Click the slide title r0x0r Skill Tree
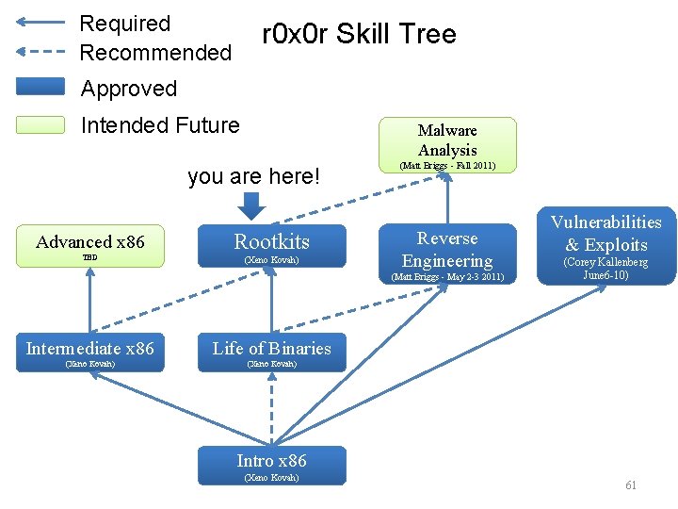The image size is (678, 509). coord(359,35)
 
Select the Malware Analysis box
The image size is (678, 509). coord(447,143)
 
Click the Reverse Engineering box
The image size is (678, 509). coord(447,254)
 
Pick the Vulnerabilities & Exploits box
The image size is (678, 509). coord(605,244)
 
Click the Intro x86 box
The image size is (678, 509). coord(271,465)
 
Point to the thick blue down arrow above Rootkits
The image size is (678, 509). coord(251,205)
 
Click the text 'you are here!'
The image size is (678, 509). coord(254,176)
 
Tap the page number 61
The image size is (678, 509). coord(631,485)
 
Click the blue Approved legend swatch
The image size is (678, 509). coord(40,88)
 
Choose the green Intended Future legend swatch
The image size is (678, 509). coord(40,124)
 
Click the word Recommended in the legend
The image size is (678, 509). coord(156,53)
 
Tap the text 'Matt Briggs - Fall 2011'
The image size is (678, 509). coord(447,166)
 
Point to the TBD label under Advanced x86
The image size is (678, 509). coord(89,257)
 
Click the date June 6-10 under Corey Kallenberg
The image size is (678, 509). coord(605,275)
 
